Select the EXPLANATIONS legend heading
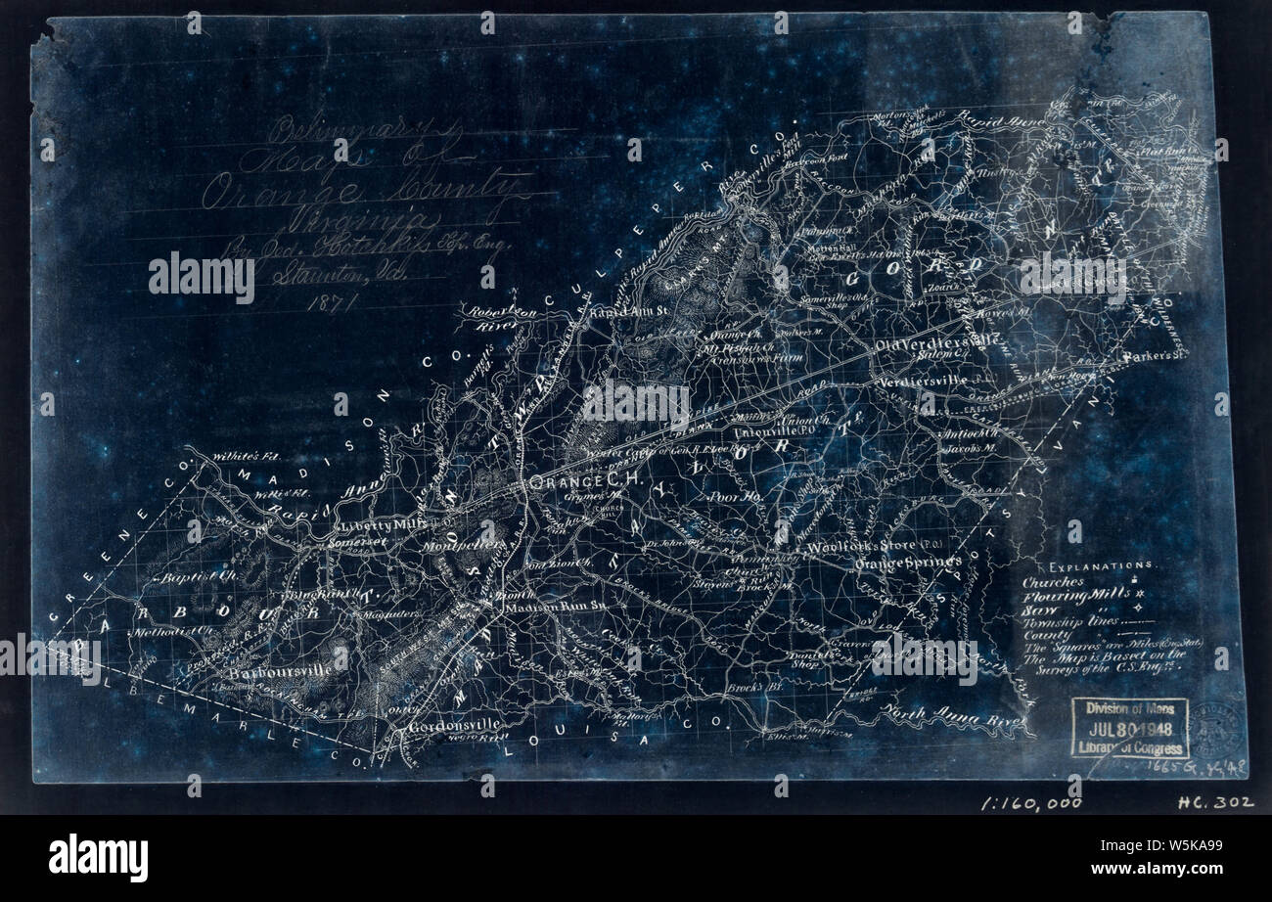point(1101,566)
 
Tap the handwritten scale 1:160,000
point(1031,802)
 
